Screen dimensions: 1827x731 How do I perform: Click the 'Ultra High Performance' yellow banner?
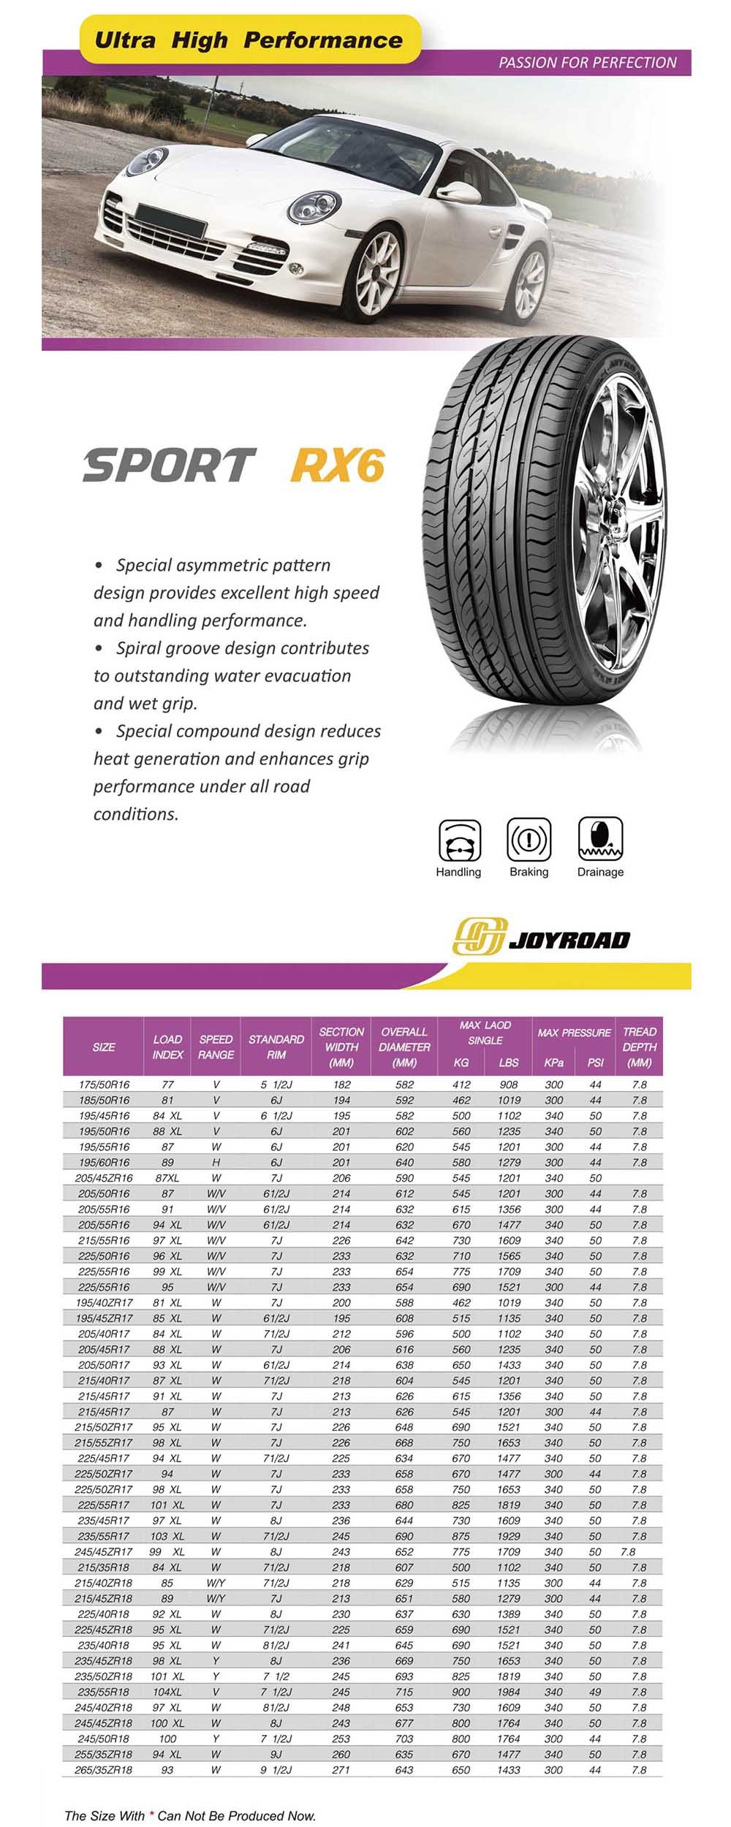249,40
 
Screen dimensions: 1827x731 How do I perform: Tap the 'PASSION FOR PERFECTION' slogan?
587,63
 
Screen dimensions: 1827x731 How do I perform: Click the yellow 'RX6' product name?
337,465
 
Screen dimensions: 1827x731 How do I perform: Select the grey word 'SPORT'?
169,465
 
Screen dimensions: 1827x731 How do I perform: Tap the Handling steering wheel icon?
460,840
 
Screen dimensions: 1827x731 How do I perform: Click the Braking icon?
529,840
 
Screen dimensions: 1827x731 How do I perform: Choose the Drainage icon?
600,840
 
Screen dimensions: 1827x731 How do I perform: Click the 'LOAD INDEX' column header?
167,1047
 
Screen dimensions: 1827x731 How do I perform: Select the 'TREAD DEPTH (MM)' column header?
639,1047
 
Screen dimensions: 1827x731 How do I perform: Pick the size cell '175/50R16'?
104,1085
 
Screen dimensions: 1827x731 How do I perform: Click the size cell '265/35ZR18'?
104,1770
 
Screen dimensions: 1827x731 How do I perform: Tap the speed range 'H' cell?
216,1162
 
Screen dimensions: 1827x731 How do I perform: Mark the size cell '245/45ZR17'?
104,1551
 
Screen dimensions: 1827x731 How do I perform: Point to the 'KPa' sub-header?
554,1063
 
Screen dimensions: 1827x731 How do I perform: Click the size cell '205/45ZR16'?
104,1178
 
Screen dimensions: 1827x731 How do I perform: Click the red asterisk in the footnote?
152,1815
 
